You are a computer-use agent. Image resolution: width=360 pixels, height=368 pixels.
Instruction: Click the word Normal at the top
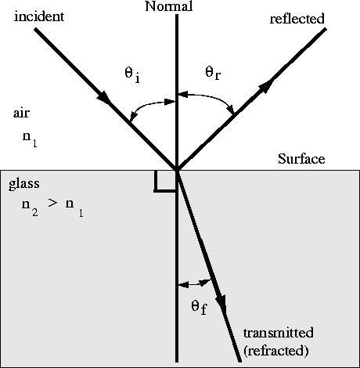[x=169, y=6]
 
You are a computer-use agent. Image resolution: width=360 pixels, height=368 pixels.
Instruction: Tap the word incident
[x=39, y=16]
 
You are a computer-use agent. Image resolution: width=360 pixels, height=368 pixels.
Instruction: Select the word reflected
[x=297, y=19]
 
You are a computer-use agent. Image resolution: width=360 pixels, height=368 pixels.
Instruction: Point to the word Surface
[x=301, y=159]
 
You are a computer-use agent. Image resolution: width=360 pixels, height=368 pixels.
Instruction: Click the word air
[x=21, y=114]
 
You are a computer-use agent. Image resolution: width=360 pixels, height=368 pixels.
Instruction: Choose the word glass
[x=24, y=184]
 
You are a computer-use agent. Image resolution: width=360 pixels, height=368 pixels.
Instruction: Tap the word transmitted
[x=279, y=333]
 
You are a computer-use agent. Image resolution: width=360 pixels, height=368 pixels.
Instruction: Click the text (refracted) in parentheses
[x=276, y=351]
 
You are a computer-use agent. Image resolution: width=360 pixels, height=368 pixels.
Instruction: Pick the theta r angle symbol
[x=213, y=73]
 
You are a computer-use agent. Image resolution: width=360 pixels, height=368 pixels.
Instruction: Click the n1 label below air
[x=30, y=139]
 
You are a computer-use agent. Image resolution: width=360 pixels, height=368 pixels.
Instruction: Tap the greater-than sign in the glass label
[x=52, y=203]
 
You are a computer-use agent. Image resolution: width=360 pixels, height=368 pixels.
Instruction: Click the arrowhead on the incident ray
[x=104, y=98]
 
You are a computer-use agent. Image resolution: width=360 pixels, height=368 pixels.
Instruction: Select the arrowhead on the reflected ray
[x=265, y=87]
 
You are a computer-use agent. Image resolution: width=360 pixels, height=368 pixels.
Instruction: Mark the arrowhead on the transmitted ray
[x=222, y=303]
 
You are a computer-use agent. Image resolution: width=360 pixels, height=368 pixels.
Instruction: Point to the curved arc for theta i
[x=150, y=106]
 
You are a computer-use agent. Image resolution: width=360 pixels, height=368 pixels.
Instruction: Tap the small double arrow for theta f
[x=194, y=283]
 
